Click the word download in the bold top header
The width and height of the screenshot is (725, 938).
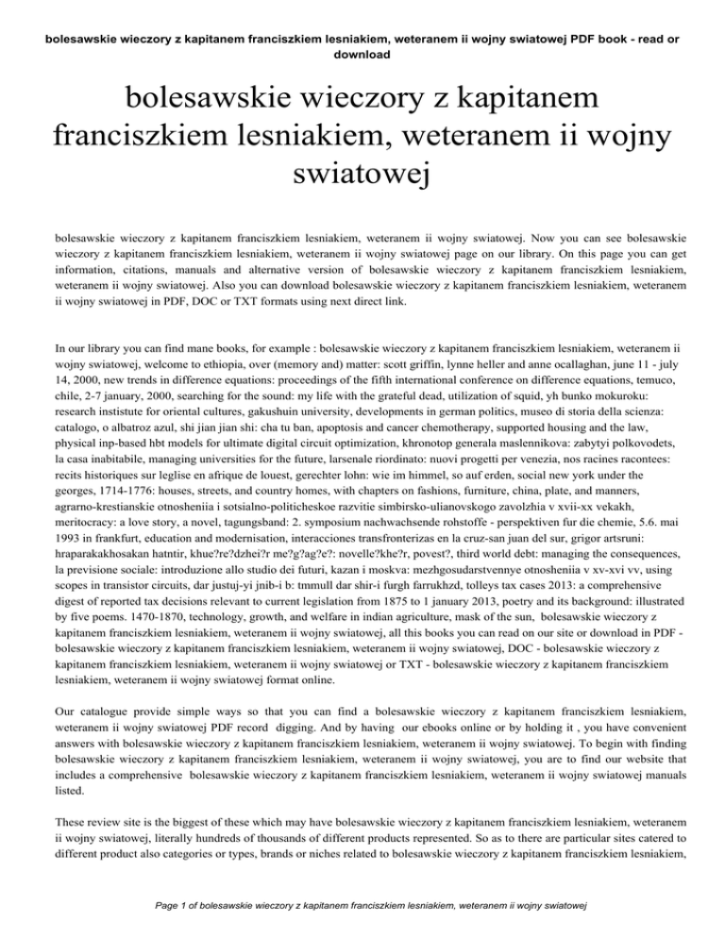click(x=362, y=54)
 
